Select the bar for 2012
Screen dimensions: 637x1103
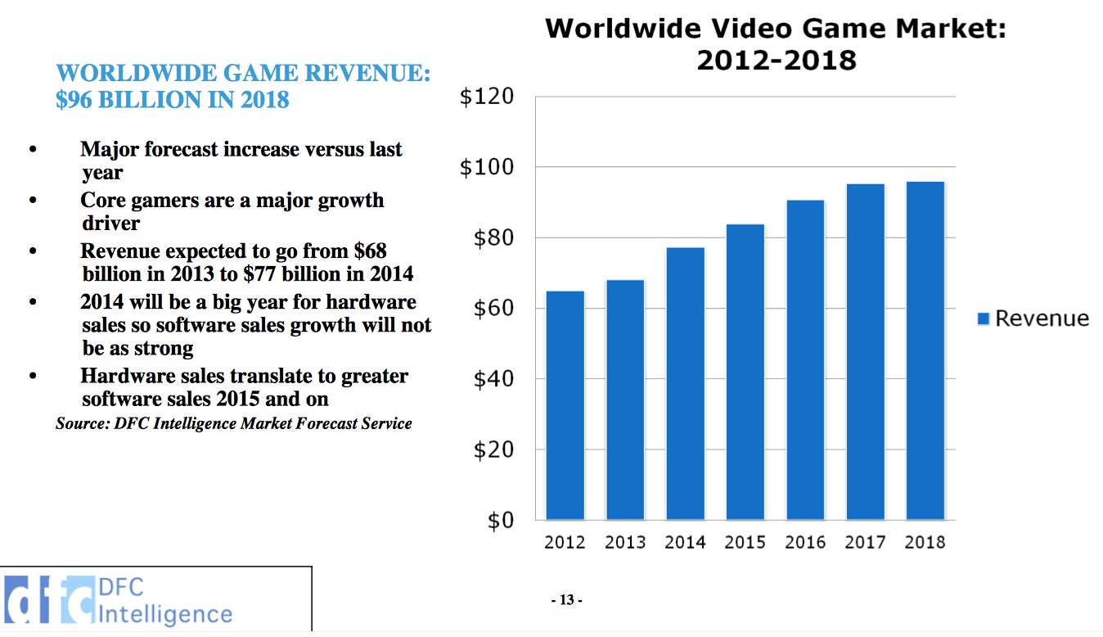click(x=565, y=405)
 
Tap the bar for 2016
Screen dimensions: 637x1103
click(x=805, y=359)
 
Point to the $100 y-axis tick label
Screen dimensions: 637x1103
click(x=487, y=168)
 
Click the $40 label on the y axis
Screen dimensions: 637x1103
click(x=493, y=379)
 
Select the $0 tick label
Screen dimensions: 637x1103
click(x=500, y=521)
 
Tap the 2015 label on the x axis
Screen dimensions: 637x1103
click(x=745, y=542)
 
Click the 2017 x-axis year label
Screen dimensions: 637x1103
click(x=865, y=542)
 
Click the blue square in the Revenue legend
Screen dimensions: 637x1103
click(x=984, y=318)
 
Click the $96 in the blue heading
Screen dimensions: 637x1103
click(x=71, y=99)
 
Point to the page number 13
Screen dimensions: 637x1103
click(x=566, y=600)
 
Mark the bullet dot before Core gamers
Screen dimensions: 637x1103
click(x=34, y=201)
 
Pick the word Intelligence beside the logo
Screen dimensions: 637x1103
click(x=164, y=614)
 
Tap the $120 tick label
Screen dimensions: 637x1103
click(x=487, y=97)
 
